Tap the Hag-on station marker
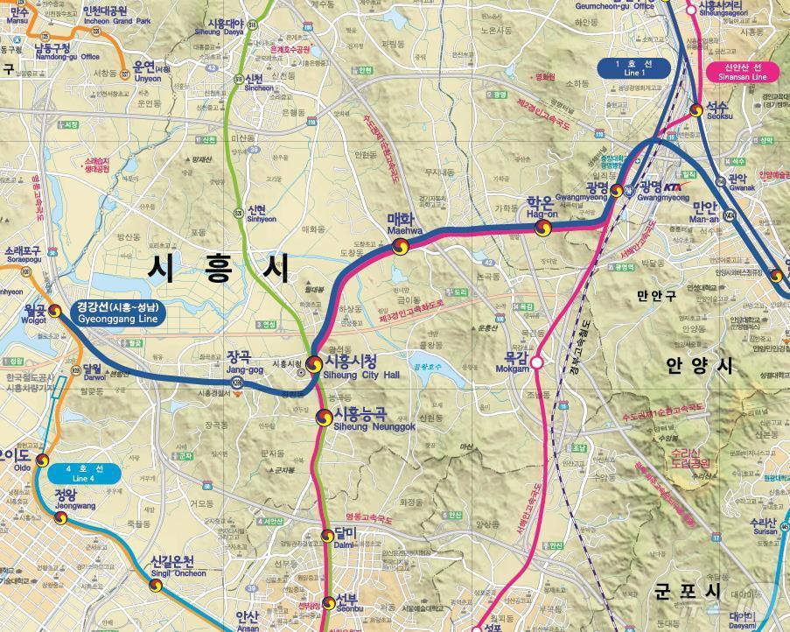543,228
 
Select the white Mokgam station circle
537,362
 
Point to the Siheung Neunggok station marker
325,418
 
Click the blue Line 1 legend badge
634,68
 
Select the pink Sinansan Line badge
743,72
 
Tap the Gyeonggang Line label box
117,312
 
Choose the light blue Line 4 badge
83,474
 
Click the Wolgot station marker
54,311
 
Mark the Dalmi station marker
327,536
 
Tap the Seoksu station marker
696,110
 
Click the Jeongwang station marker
60,517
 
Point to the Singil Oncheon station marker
156,585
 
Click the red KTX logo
673,186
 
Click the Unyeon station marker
124,70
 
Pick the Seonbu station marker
327,604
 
